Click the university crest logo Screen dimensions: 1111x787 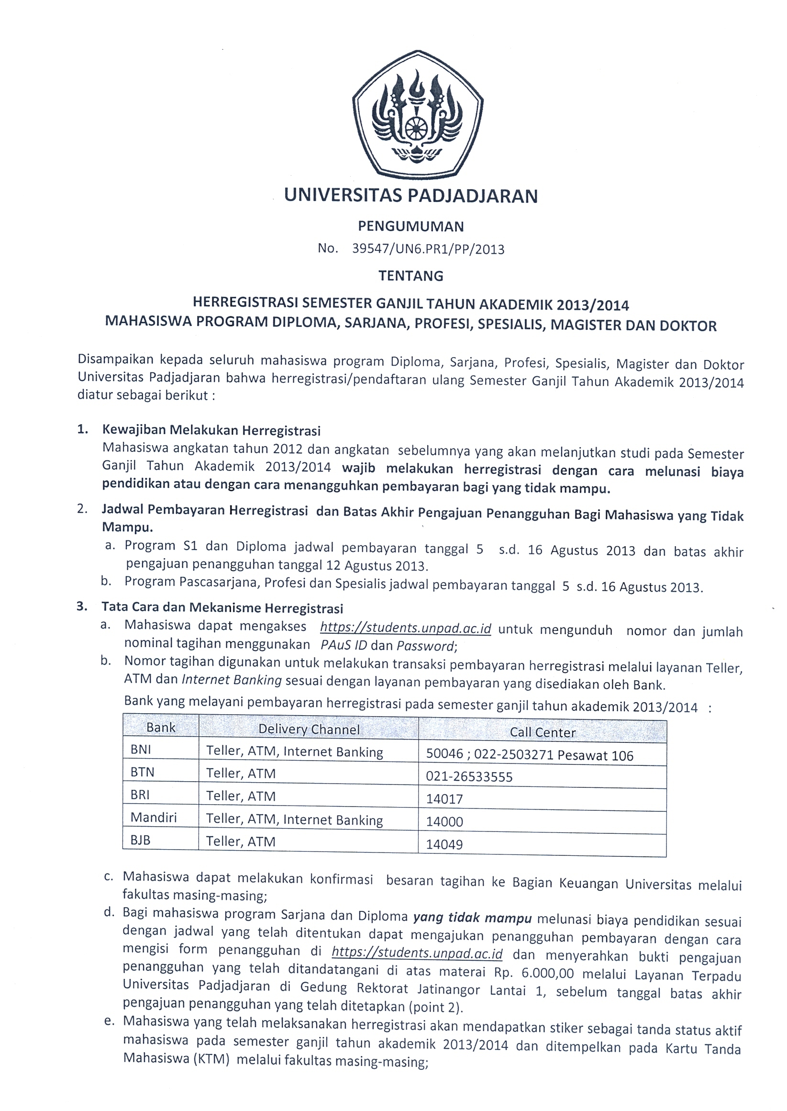[417, 116]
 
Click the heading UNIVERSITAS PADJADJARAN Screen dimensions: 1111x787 [410, 195]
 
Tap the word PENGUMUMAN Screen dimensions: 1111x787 [410, 226]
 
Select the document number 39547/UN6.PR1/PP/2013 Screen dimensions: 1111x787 [428, 249]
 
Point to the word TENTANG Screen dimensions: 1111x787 [410, 275]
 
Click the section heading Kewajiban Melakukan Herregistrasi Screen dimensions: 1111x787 [211, 430]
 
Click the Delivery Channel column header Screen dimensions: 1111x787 [309, 729]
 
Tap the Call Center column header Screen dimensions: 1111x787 [542, 732]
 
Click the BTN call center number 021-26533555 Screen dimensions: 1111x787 [469, 777]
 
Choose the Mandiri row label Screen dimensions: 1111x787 [154, 818]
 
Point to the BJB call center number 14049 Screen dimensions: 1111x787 [444, 844]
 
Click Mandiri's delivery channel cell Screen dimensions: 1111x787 [294, 819]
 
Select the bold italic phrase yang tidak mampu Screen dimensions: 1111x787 [473, 918]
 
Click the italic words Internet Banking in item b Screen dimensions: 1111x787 [232, 680]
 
